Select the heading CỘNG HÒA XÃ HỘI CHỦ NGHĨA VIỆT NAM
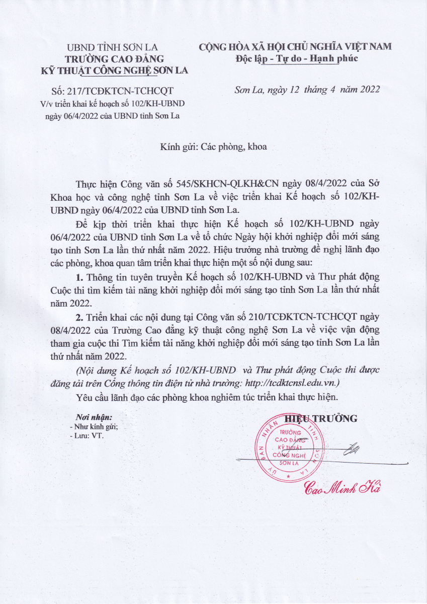pos(295,47)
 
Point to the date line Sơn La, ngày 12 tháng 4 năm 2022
pos(307,90)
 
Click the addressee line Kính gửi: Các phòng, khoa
pos(213,147)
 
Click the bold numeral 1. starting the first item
pos(79,278)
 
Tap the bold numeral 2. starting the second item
pos(79,318)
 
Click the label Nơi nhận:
pos(94,417)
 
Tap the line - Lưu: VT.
pos(87,435)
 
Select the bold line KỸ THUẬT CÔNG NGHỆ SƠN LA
pos(114,70)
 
